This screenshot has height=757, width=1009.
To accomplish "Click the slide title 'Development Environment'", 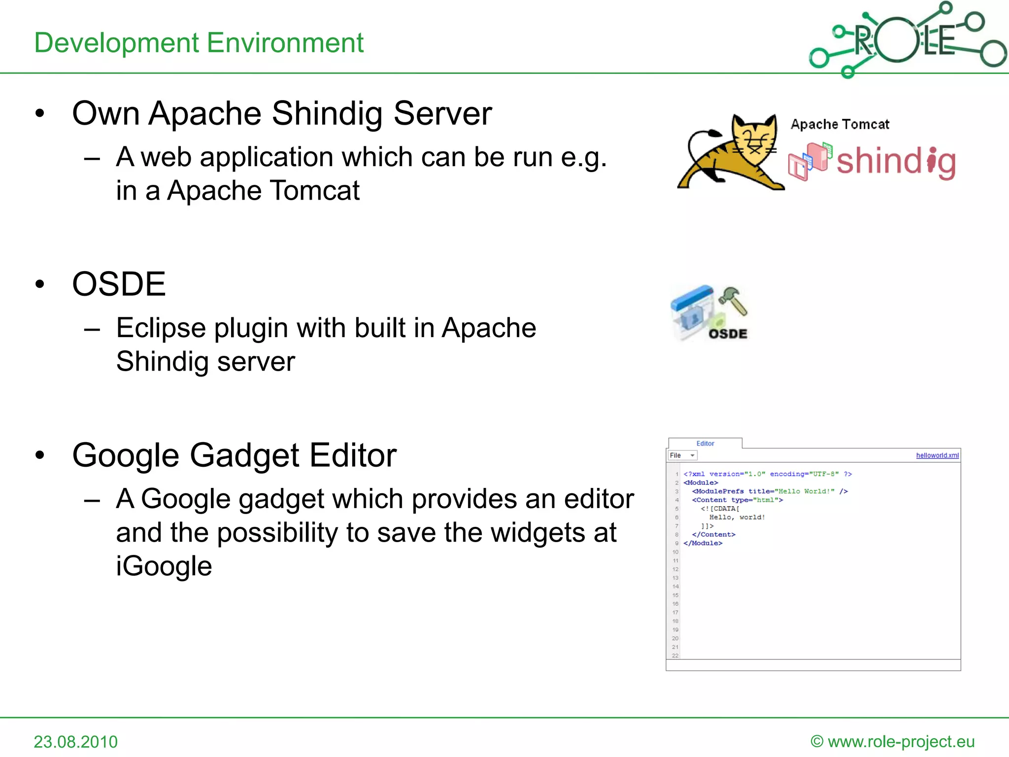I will [199, 43].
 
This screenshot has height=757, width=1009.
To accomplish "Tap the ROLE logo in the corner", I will [907, 39].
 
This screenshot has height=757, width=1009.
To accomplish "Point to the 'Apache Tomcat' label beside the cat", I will [840, 124].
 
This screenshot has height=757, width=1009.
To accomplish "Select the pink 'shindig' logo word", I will [896, 162].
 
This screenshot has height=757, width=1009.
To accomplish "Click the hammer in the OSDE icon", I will [734, 299].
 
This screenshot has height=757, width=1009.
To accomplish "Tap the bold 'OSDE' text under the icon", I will [728, 334].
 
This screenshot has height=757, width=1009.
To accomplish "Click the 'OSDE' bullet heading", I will [119, 284].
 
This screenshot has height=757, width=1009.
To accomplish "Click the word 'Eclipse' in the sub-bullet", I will [161, 328].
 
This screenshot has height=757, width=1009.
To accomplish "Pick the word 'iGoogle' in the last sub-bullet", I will [164, 566].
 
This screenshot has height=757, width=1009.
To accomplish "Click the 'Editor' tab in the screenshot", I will [705, 444].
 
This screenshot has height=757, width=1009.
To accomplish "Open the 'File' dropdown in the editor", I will [682, 455].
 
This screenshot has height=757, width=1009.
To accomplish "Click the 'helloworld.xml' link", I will [937, 455].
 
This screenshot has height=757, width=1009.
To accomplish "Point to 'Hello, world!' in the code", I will [737, 517].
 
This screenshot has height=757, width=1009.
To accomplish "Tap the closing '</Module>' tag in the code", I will [703, 543].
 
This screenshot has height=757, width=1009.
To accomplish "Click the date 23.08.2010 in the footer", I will [76, 742].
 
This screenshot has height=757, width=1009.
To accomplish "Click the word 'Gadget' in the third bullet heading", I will [244, 455].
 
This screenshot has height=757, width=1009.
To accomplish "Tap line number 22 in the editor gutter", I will [675, 655].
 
